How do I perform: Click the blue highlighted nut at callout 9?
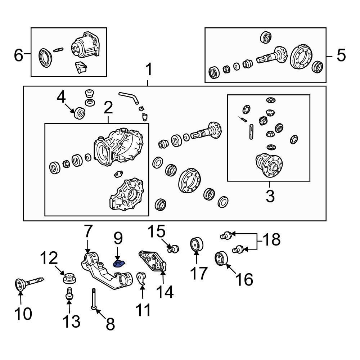pos(118,264)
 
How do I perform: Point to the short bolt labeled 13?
pos(68,293)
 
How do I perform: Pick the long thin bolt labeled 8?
pos(93,299)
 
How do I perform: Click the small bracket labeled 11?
pos(142,279)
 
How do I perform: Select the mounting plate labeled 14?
pos(153,261)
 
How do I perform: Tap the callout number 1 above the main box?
pos(148,70)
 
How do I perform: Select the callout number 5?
pos(341,55)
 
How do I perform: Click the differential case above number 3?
pos(270,165)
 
